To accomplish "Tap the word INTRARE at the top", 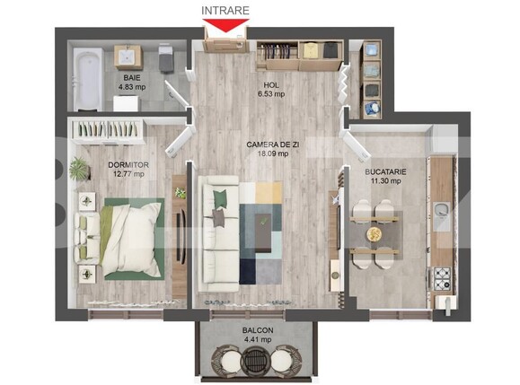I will (225, 11).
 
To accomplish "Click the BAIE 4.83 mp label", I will (133, 83).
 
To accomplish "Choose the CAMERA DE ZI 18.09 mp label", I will (269, 148).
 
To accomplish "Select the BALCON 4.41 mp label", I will (260, 335).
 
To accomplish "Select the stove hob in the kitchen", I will (442, 280).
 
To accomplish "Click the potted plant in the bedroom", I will (80, 168).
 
